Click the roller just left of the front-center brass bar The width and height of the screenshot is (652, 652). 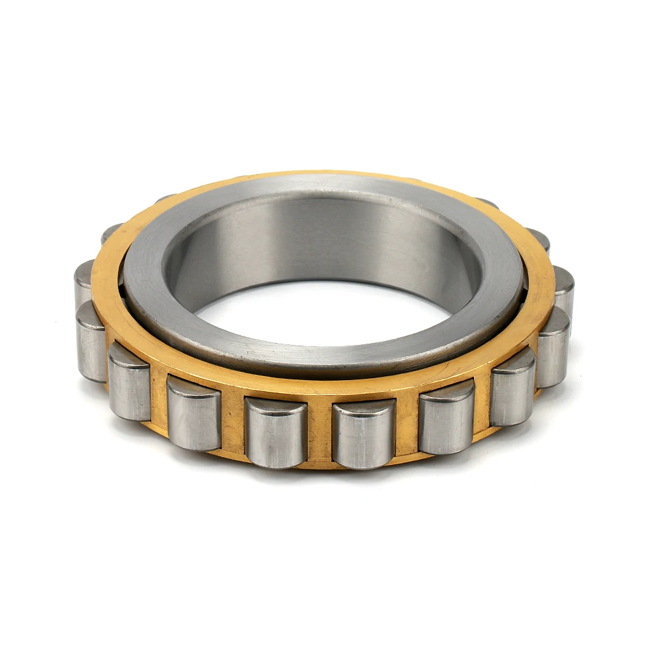click(276, 437)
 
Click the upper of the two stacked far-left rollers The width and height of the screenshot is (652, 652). click(83, 282)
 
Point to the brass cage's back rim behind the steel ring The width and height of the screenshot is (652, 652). click(326, 177)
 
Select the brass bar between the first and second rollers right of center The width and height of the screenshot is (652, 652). click(407, 424)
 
